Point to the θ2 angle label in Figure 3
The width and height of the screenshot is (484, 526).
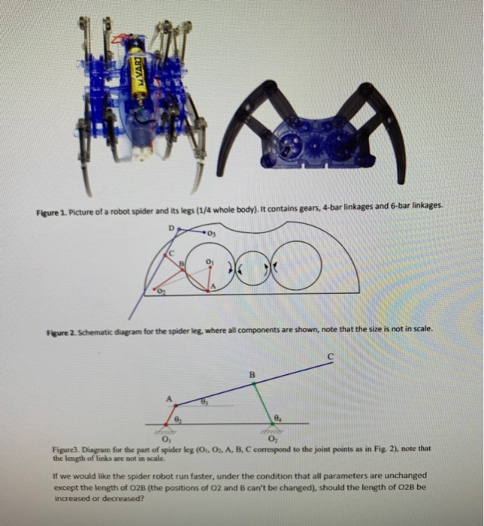pos(178,418)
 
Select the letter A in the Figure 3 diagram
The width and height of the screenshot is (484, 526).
pos(169,398)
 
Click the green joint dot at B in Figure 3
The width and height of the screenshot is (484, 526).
pos(253,382)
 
